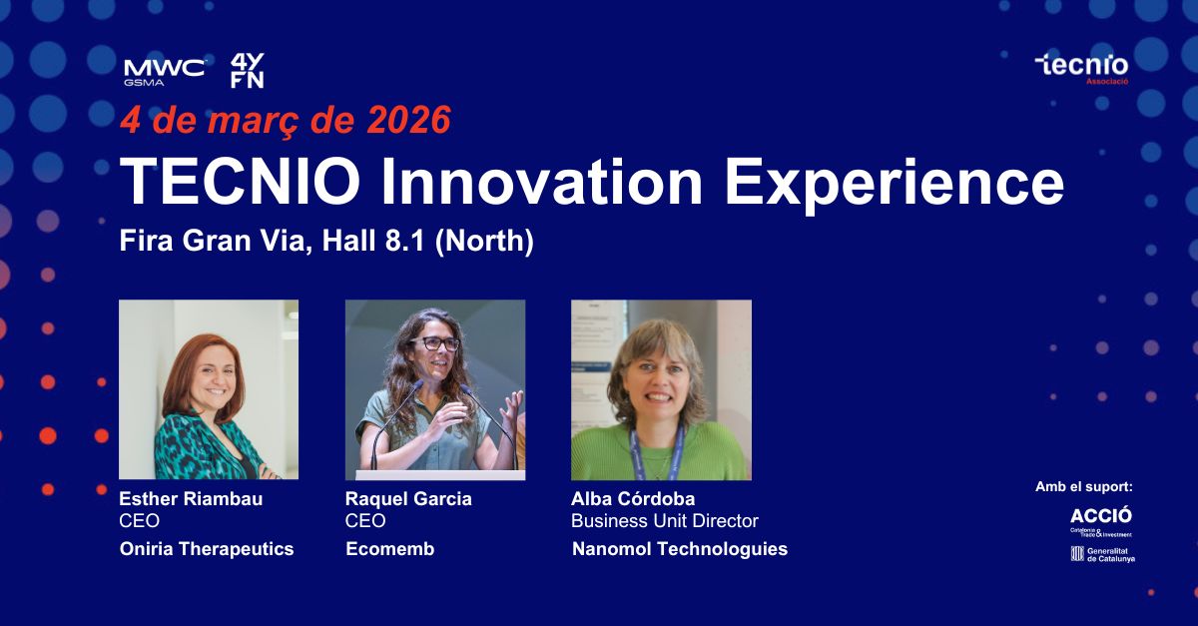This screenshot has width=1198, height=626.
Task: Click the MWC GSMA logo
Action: pyautogui.click(x=164, y=72)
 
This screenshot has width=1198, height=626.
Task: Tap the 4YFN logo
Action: pyautogui.click(x=248, y=71)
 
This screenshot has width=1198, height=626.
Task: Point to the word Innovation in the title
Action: pyautogui.click(x=541, y=182)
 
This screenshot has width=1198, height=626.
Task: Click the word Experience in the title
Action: pyautogui.click(x=895, y=184)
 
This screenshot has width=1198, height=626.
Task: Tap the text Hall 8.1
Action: pyautogui.click(x=373, y=241)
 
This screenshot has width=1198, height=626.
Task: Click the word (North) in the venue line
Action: pyautogui.click(x=484, y=242)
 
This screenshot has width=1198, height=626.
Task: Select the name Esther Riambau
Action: pyautogui.click(x=191, y=498)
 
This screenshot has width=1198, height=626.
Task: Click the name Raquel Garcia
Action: pyautogui.click(x=408, y=498)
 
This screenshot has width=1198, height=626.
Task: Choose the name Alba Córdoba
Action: pyautogui.click(x=633, y=498)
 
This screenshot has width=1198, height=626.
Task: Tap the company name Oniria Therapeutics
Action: pyautogui.click(x=207, y=549)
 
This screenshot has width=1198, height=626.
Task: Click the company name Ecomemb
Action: pyautogui.click(x=390, y=549)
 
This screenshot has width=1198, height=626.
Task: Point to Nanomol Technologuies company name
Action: pyautogui.click(x=680, y=549)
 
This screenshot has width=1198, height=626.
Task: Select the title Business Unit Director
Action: pyautogui.click(x=665, y=520)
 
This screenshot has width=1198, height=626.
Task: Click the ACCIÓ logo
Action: pyautogui.click(x=1100, y=521)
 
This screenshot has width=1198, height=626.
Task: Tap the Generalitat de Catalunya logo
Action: pyautogui.click(x=1102, y=554)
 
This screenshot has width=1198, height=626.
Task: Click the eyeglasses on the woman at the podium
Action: pyautogui.click(x=435, y=343)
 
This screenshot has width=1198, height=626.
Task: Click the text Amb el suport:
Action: pyautogui.click(x=1084, y=487)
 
